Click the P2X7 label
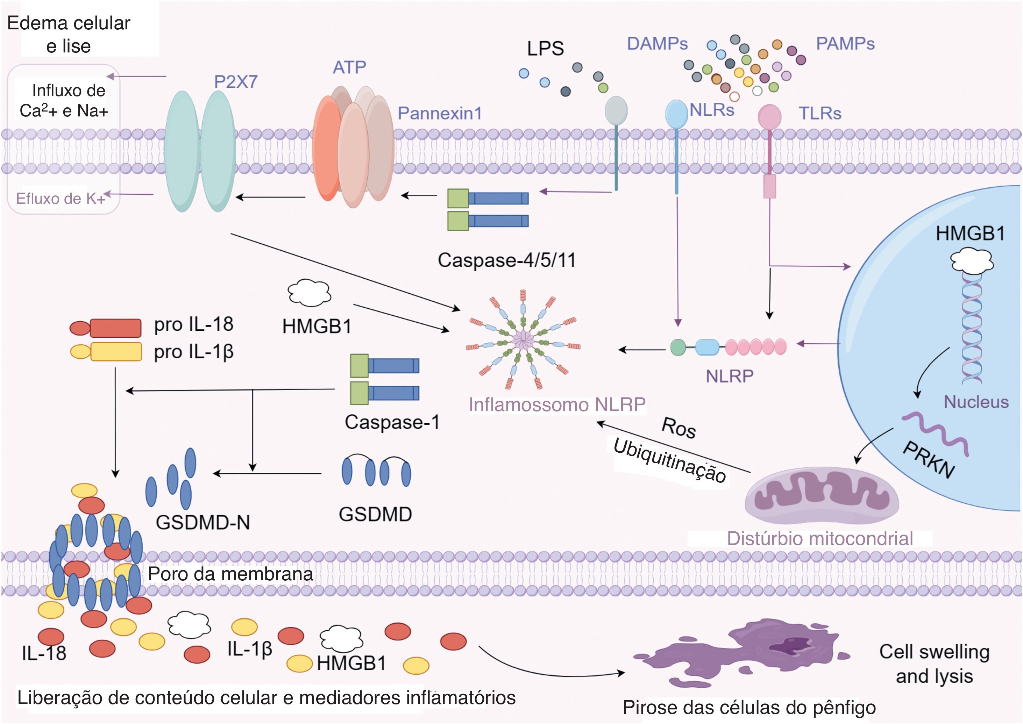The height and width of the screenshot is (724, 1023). coord(235,81)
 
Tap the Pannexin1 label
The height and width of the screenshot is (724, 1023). coord(440,113)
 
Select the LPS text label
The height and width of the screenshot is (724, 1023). coord(545,48)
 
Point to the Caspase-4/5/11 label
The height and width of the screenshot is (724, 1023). coord(506,260)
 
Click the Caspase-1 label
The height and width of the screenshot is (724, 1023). coord(392,422)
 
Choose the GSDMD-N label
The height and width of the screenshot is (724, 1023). coord(203,522)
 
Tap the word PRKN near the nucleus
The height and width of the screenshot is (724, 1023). coord(929,460)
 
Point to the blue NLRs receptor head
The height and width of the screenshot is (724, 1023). coord(676,113)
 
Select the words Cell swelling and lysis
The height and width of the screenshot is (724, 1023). coord(934,664)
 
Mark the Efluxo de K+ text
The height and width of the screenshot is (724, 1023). coord(61,198)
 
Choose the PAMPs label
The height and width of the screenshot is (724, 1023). coord(845,44)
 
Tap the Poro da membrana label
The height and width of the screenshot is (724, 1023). coord(230,574)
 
